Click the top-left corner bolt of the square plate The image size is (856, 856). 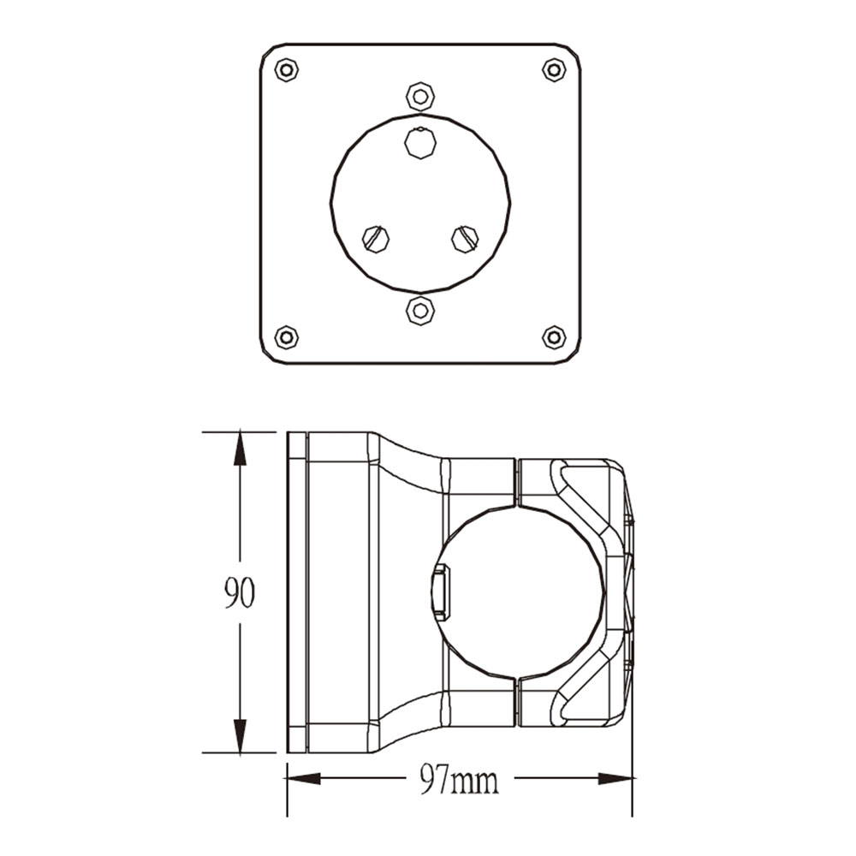coord(286,70)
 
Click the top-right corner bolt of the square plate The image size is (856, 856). coord(554,70)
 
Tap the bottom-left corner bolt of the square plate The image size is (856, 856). coord(286,336)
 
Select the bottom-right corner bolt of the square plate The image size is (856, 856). coord(554,336)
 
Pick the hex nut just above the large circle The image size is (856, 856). coord(419,97)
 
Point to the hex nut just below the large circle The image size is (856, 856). coord(419,311)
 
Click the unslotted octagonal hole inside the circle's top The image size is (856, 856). coord(419,142)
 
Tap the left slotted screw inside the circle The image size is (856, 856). coord(376,239)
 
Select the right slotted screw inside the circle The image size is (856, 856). coord(465,239)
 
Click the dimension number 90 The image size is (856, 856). coord(239,592)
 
